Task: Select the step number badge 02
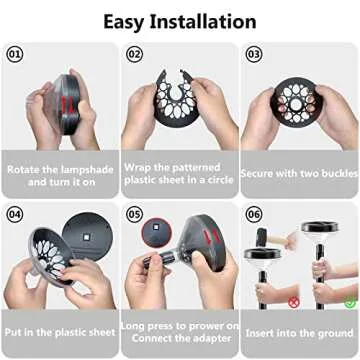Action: tap(134, 53)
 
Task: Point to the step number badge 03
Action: tap(253, 53)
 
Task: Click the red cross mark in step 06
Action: tap(292, 299)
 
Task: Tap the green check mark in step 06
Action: tap(349, 299)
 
